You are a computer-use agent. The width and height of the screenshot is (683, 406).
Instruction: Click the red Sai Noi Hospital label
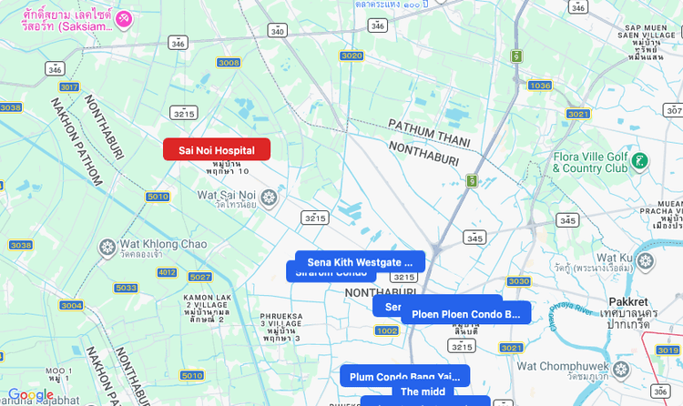[x=217, y=149]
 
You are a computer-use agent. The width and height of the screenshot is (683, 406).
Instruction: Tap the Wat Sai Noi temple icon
[x=269, y=196]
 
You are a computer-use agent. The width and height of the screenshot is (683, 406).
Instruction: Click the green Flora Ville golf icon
[x=639, y=160]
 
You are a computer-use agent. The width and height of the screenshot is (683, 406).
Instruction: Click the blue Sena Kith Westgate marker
[x=360, y=262]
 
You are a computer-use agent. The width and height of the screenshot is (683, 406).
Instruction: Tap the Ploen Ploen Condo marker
[x=465, y=314]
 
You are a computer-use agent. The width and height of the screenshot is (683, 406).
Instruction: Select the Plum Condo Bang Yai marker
[x=405, y=376]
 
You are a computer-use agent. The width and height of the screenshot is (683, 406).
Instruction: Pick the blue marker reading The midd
[x=423, y=391]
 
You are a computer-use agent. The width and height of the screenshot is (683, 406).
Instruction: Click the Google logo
[x=30, y=395]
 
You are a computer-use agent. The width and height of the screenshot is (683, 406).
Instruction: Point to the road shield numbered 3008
[x=229, y=63]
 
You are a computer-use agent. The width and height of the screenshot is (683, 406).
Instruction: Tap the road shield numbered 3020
[x=352, y=56]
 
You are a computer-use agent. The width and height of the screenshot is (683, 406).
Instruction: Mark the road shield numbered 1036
[x=540, y=86]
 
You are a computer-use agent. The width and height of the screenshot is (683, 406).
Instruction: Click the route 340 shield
[x=278, y=31]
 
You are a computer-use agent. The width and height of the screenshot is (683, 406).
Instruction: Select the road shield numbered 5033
[x=127, y=288]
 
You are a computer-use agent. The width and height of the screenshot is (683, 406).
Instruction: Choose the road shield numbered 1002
[x=386, y=330]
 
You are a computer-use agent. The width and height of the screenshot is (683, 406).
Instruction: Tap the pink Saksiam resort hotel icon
[x=125, y=18]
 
